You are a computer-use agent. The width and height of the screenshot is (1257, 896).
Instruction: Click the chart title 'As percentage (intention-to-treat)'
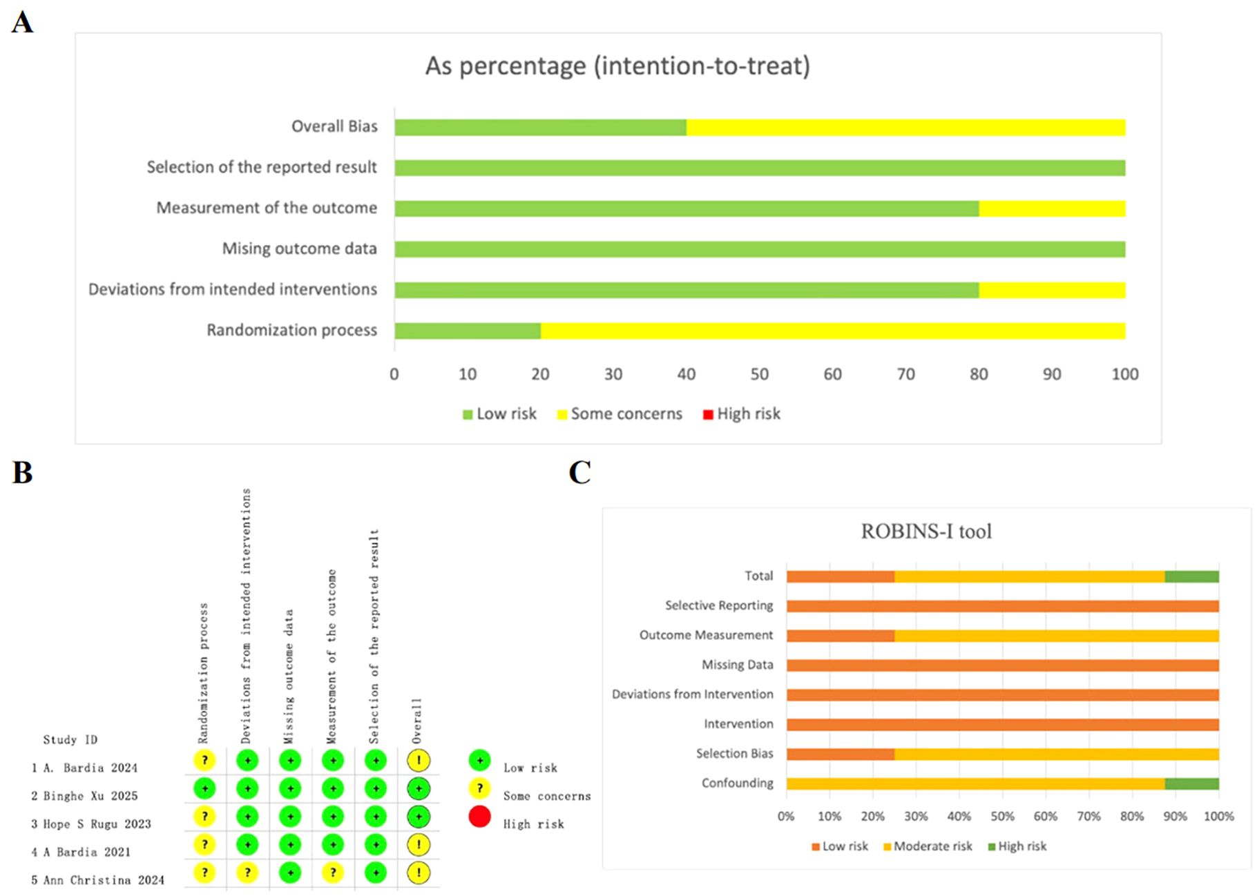tap(617, 66)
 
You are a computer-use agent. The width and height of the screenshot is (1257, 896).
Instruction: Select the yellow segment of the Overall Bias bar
tap(905, 128)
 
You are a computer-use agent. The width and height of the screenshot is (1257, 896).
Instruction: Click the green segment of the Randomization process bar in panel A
tap(467, 331)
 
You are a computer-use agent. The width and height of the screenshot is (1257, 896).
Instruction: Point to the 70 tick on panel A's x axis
tap(905, 374)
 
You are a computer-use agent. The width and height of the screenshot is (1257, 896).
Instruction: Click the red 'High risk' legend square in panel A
tap(707, 415)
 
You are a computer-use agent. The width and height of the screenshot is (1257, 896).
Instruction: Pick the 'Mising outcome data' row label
tap(299, 249)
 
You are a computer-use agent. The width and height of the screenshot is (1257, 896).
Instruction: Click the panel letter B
tap(22, 474)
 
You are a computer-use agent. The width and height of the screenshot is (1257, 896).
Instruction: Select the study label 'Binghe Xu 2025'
tap(90, 796)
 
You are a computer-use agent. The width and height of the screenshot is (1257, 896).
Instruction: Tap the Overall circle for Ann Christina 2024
tap(419, 873)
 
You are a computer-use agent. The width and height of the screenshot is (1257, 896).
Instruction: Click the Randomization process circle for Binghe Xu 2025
tap(204, 788)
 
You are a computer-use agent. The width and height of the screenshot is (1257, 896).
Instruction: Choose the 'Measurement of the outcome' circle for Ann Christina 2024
tap(333, 873)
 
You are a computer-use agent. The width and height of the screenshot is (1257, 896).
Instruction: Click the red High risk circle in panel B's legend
tap(479, 817)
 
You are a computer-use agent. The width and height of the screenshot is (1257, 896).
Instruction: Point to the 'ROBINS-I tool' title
tap(925, 532)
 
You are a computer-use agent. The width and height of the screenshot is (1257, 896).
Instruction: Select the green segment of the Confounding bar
tap(1191, 783)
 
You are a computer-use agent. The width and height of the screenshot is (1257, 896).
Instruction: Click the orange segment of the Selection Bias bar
tap(840, 754)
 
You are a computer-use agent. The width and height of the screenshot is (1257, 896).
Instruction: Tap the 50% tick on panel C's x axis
tap(1002, 817)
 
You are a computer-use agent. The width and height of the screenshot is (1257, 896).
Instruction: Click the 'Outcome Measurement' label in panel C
tap(706, 635)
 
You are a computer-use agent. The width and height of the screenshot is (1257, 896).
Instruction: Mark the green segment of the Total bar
tap(1191, 576)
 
